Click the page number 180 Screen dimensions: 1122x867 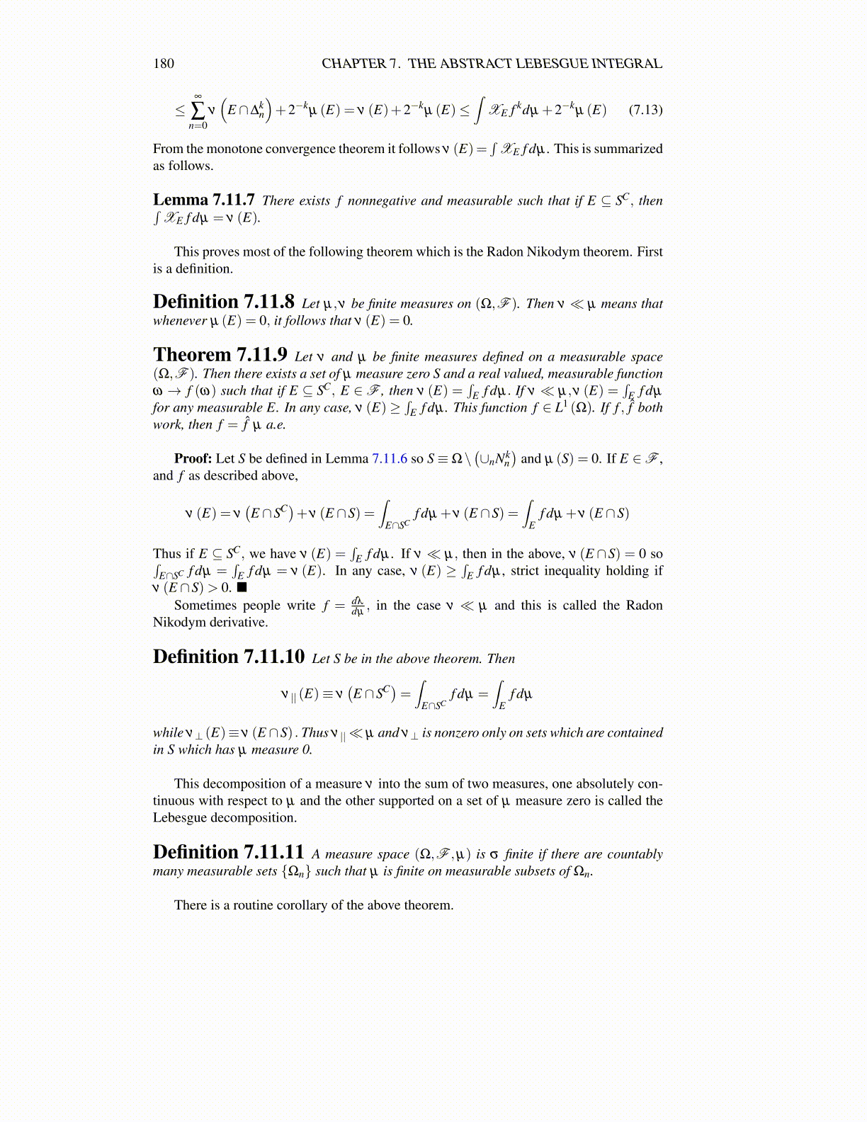tap(164, 64)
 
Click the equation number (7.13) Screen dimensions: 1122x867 tap(645, 110)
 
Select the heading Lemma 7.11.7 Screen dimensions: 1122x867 tap(203, 200)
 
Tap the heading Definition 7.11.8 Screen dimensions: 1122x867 tap(223, 302)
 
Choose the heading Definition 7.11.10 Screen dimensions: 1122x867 tap(228, 657)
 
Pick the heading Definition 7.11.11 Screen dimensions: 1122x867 tap(228, 852)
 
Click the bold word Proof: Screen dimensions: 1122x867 tap(193, 458)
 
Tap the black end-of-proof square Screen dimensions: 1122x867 tap(242, 587)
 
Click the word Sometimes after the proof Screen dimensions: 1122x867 tap(205, 605)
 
